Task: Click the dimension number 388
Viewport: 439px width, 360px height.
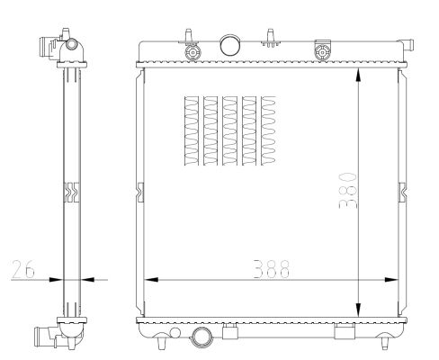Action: [x=272, y=269]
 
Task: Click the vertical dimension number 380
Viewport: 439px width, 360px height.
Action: [x=348, y=191]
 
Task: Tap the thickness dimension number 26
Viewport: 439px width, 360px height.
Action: [x=23, y=269]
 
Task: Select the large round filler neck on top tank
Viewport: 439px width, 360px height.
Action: [x=230, y=45]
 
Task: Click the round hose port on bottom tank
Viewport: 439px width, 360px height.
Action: [x=202, y=337]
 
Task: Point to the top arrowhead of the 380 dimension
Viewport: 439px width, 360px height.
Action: [x=358, y=75]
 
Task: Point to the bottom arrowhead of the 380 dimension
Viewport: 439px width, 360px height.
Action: [x=358, y=310]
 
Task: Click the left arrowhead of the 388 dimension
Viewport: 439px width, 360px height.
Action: [x=151, y=280]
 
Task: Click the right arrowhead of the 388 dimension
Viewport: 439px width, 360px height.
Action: [x=391, y=280]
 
